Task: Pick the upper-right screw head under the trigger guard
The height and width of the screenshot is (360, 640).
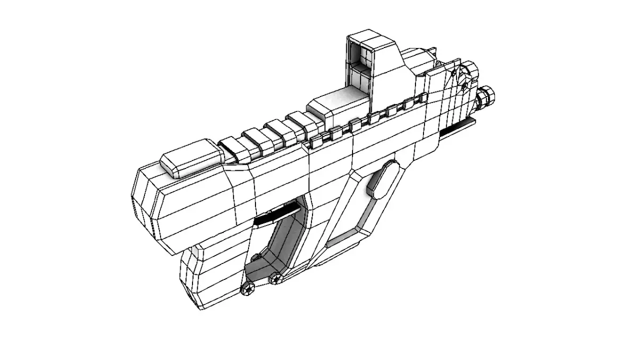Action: [276, 277]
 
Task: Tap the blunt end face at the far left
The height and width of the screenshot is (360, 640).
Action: [143, 205]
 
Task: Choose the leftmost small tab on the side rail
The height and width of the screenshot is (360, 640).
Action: [317, 141]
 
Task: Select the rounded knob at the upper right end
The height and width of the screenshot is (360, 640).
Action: [469, 69]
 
